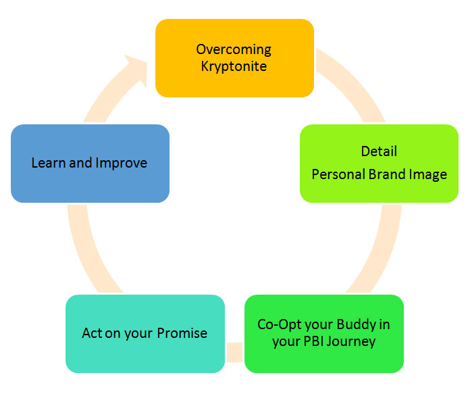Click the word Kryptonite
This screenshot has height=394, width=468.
234,66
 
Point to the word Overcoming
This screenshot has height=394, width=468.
234,49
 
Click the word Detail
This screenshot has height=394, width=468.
379,151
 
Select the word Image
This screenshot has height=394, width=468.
428,174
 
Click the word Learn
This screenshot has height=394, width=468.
49,163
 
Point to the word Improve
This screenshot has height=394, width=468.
121,163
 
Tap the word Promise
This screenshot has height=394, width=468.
182,333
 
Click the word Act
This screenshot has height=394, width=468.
92,333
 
